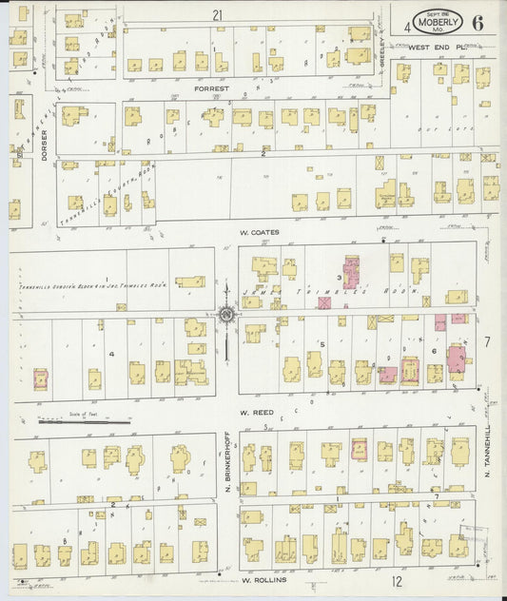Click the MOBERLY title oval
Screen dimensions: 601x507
pos(439,21)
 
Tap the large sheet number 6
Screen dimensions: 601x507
pos(476,23)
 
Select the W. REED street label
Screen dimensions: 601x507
pos(256,413)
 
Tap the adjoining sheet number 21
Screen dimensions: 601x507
pos(217,15)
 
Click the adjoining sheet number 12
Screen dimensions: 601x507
pos(396,581)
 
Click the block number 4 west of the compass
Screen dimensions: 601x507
pos(112,354)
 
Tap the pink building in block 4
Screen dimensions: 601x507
pos(41,379)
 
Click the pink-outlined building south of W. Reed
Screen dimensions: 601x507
pos(360,449)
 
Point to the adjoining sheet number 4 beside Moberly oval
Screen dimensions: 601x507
pos(406,26)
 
